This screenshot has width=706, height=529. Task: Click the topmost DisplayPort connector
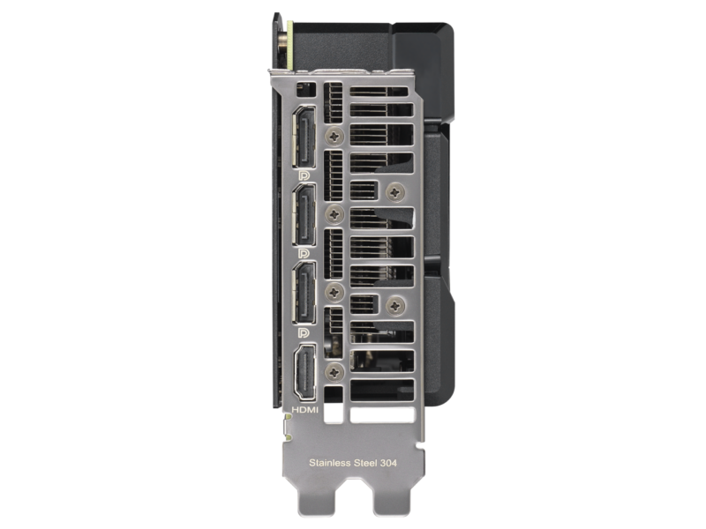pos(304,138)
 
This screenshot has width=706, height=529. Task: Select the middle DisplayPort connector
pos(304,215)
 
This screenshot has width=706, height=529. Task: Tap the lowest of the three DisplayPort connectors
pos(304,293)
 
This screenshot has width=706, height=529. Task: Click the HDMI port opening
pos(304,371)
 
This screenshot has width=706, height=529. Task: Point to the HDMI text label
pos(304,410)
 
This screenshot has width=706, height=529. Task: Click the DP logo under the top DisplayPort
pos(304,175)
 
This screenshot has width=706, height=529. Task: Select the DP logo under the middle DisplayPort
pos(304,253)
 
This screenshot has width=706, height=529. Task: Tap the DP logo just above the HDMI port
pos(304,332)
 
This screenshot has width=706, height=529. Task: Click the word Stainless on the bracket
pos(330,462)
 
